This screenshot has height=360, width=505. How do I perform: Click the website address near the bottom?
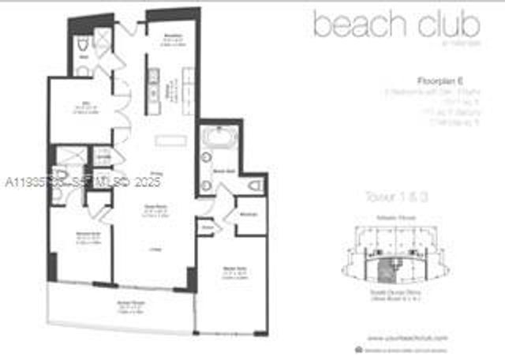pyautogui.click(x=406, y=337)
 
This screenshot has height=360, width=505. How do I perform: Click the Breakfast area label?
pyautogui.click(x=174, y=36)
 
